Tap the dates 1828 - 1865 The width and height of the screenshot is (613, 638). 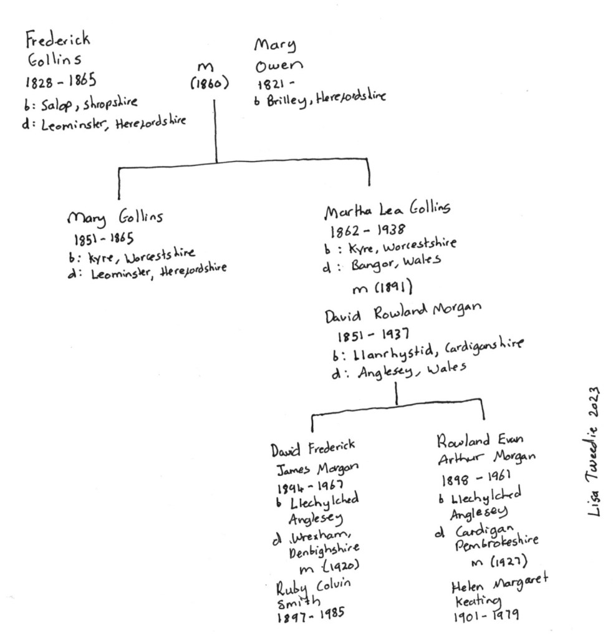[x=60, y=82]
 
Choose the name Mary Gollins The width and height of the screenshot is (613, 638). [x=115, y=219]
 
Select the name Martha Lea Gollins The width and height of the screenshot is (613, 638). [x=387, y=211]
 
